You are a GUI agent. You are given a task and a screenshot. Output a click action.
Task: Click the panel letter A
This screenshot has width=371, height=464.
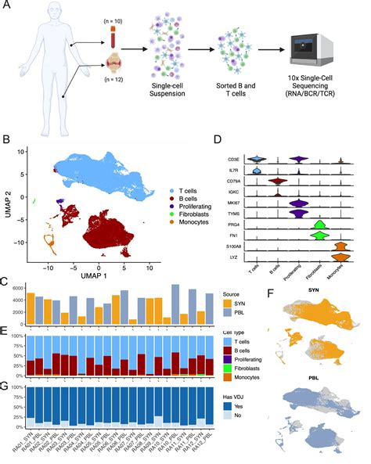click(x=6, y=7)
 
